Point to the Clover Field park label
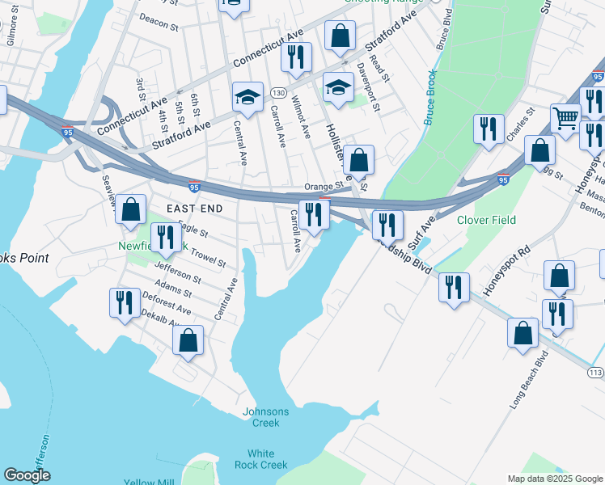tap(486, 220)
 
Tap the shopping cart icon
tap(566, 119)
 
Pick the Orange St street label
tap(324, 186)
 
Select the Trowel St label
tap(206, 257)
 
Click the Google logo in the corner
tap(27, 475)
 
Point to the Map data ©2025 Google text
tap(554, 478)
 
